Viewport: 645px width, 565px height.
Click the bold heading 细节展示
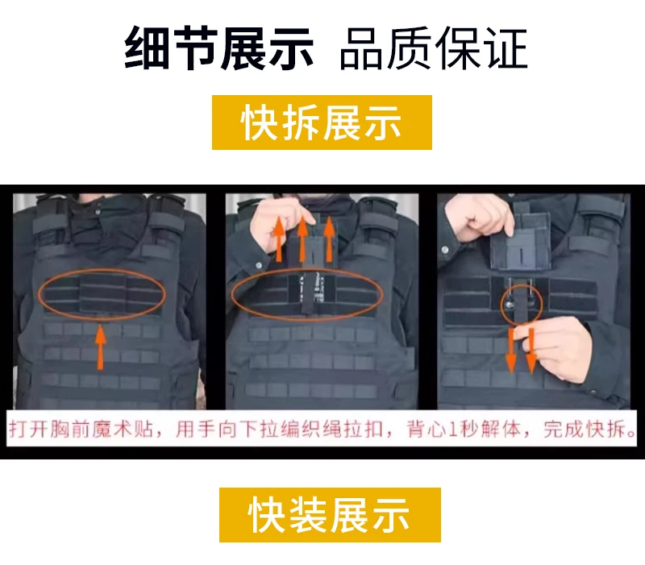point(218,48)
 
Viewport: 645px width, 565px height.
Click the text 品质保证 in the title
point(434,48)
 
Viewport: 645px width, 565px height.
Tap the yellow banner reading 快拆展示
point(322,123)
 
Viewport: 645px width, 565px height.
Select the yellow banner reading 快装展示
point(330,515)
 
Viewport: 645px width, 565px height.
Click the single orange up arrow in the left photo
point(100,347)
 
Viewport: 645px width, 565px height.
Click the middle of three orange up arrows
point(303,239)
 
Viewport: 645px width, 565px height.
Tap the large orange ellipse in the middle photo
point(232,294)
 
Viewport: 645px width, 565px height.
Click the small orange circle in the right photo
point(501,305)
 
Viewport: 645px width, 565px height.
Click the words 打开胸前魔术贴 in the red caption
point(81,430)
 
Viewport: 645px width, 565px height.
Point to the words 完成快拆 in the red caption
point(584,430)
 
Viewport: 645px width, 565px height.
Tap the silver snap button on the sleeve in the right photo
point(445,250)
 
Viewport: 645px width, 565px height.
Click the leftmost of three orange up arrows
point(279,239)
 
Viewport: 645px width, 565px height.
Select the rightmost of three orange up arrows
point(329,239)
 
